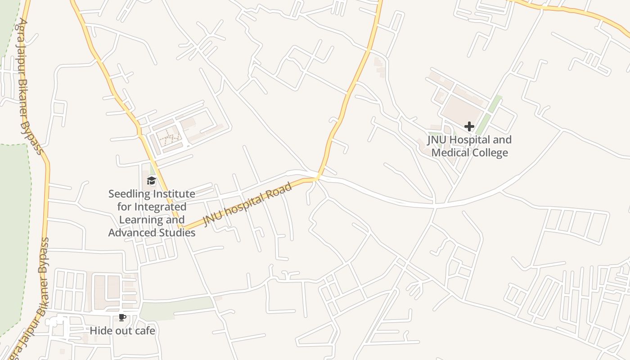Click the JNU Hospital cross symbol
coord(469,126)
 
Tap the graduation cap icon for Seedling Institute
coord(151,181)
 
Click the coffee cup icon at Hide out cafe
coord(121,318)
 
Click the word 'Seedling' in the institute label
coord(129,194)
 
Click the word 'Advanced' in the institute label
coord(130,233)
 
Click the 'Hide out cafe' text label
coord(122,331)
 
